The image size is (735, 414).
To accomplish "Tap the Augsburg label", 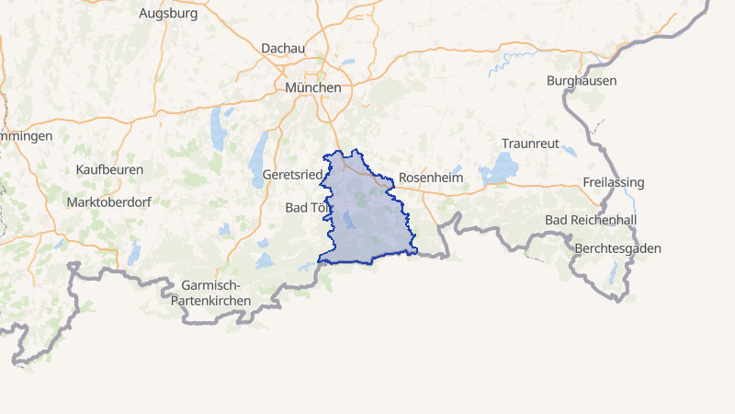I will [169, 14].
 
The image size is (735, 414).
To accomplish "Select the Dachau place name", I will [282, 48].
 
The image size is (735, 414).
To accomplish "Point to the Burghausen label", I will [581, 81].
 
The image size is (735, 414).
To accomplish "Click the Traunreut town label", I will [530, 144].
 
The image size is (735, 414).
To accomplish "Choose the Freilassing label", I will [613, 182].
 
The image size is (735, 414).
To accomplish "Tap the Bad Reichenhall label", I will [590, 220].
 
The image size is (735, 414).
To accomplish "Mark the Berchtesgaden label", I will [616, 249].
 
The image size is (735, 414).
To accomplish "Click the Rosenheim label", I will [430, 177].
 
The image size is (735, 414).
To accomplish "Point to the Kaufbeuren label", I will [107, 170].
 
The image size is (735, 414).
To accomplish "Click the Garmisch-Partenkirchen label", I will [217, 293].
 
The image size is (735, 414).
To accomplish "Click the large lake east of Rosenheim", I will [499, 168].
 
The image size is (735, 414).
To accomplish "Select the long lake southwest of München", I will [218, 128].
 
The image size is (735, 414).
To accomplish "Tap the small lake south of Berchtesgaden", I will [613, 272].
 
